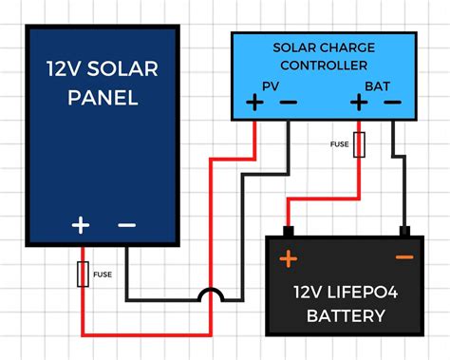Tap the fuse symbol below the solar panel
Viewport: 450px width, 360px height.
(83, 275)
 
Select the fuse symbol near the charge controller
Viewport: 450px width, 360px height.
(360, 144)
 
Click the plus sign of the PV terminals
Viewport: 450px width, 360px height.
(254, 103)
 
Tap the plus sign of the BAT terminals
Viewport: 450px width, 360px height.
(360, 103)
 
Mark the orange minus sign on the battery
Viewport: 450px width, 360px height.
(404, 257)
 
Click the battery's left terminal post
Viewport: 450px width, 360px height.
(288, 231)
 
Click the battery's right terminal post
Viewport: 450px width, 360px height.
(404, 231)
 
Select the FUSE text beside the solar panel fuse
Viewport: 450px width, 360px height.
(103, 275)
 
